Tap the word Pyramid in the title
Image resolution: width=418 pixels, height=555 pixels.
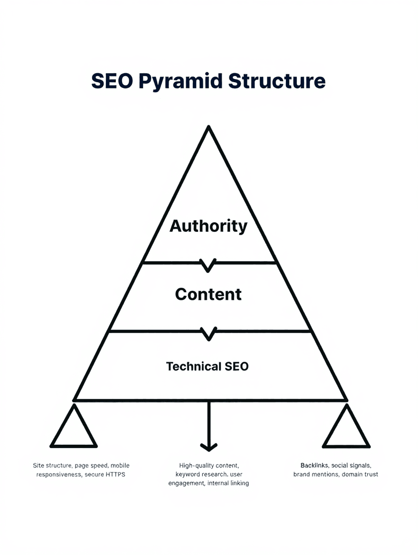point(181,82)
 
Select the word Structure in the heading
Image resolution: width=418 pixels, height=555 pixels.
point(277,81)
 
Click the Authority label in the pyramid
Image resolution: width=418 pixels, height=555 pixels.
point(209,226)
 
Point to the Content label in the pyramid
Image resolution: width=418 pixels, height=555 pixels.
point(208,294)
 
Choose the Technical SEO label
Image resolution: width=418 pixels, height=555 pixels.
point(208,366)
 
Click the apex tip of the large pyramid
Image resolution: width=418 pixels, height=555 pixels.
point(209,127)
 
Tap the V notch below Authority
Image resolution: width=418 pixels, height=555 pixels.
point(208,266)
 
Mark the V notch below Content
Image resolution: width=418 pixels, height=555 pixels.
point(209,335)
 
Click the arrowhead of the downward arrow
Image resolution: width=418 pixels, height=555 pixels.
point(209,447)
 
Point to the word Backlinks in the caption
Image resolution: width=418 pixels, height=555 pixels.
point(314,465)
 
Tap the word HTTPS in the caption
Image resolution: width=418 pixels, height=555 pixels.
point(115,474)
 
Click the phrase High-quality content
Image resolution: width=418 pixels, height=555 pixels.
point(209,465)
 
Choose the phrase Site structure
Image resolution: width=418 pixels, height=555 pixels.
point(51,465)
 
